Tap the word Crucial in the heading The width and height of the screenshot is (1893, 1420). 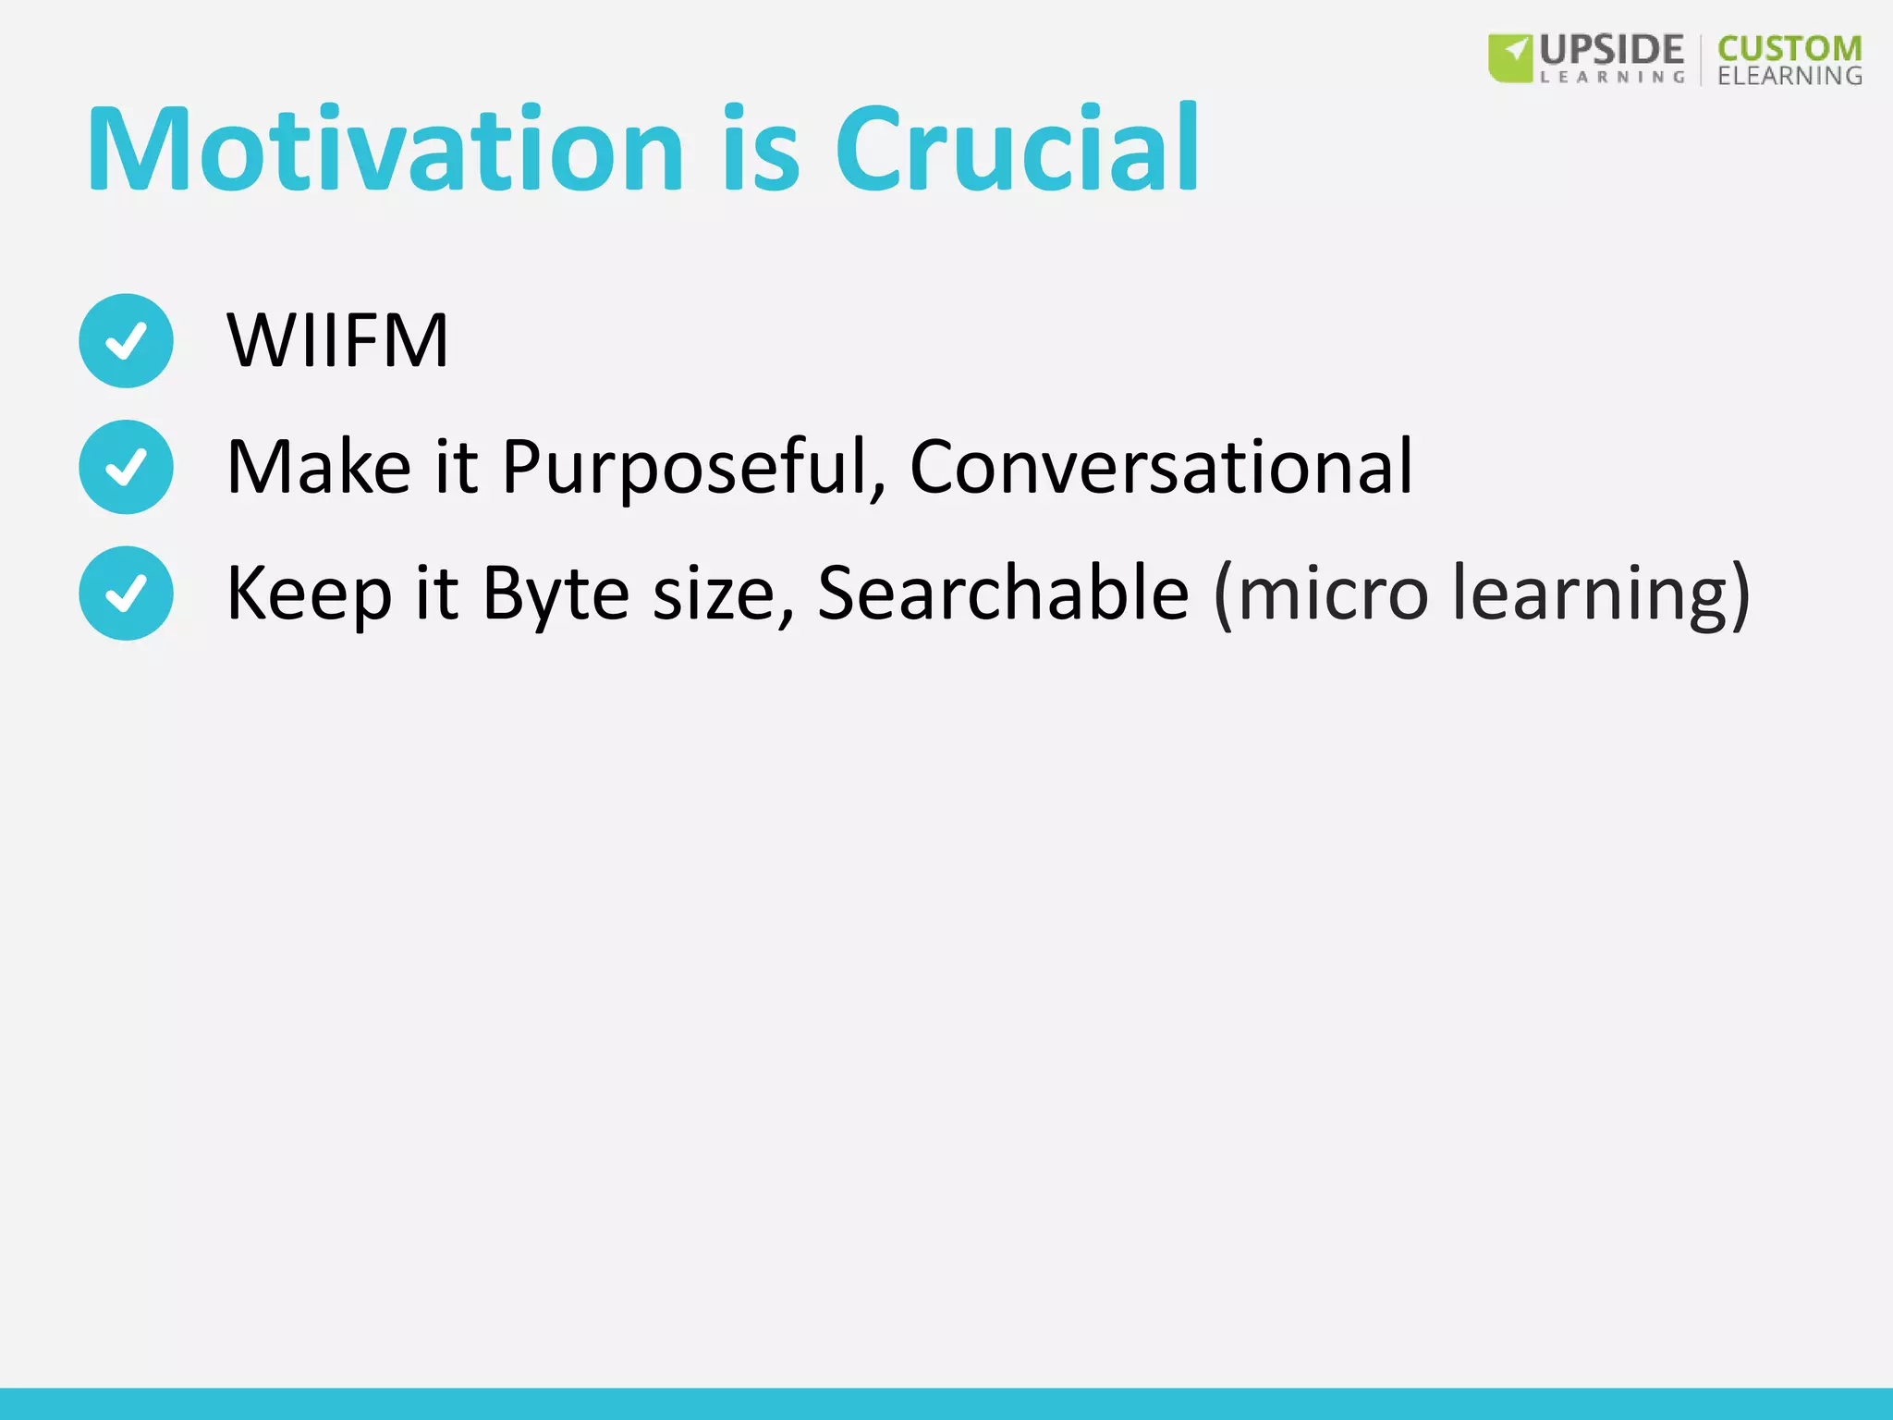(x=1017, y=150)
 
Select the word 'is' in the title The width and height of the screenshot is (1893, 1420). (x=760, y=150)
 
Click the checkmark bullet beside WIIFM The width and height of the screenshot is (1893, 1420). (x=126, y=341)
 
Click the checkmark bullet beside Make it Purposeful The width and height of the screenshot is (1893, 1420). (x=126, y=467)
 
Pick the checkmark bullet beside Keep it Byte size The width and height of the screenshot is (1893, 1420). (x=126, y=594)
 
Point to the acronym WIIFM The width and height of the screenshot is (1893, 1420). (x=337, y=341)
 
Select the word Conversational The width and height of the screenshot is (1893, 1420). (x=1161, y=468)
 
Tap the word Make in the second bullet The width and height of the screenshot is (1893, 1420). (x=319, y=468)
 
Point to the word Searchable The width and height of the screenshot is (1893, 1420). (x=1003, y=594)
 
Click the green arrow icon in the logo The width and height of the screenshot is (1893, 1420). (x=1510, y=57)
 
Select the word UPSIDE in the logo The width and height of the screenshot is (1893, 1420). (x=1612, y=49)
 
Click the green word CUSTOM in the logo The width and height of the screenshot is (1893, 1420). (x=1789, y=49)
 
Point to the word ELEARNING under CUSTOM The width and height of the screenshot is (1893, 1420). (x=1789, y=76)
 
